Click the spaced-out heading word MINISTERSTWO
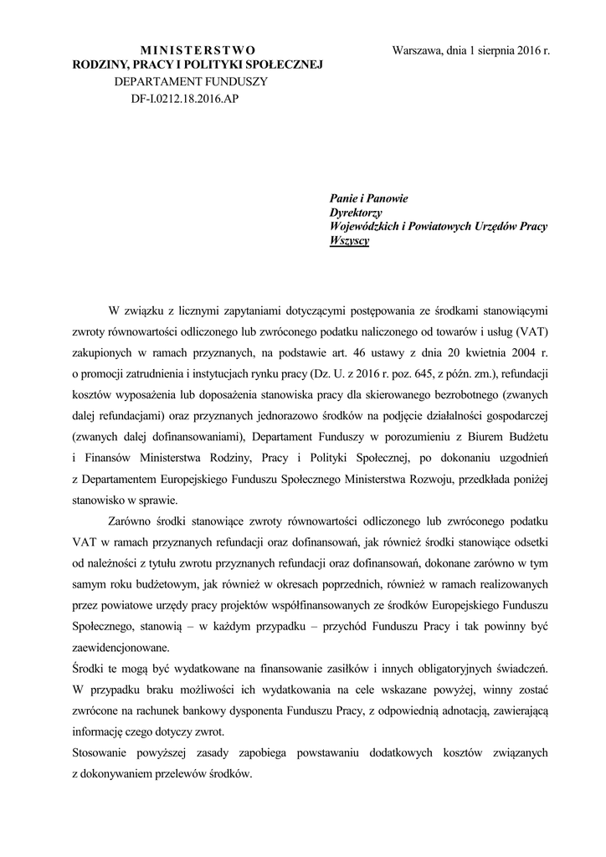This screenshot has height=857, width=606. (x=198, y=50)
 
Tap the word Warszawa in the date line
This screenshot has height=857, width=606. (x=420, y=50)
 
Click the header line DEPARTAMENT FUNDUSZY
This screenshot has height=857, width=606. (x=191, y=82)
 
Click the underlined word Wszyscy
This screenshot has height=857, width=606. (x=350, y=241)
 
